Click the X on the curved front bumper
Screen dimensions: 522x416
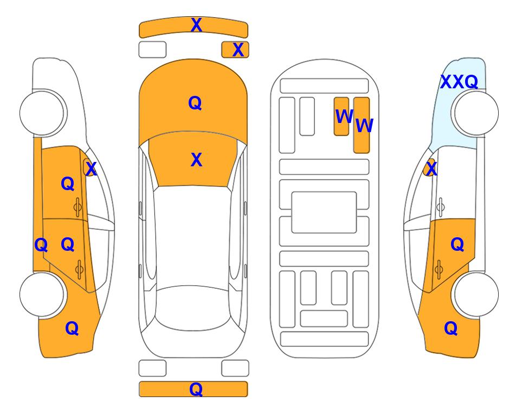point(196,25)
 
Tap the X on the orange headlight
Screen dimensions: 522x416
point(238,50)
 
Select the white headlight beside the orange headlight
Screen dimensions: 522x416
point(152,50)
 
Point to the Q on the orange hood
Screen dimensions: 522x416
point(195,103)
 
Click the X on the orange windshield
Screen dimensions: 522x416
point(196,160)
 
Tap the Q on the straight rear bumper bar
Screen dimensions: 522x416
point(196,389)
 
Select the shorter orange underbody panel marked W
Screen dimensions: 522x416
point(341,116)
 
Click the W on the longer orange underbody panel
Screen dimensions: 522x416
point(364,126)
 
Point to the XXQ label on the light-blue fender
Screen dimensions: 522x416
point(459,82)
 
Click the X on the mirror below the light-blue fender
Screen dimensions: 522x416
point(431,169)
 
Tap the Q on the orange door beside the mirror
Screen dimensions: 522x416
point(68,184)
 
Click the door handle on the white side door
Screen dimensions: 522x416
point(440,207)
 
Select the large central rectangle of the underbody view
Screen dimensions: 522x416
point(324,212)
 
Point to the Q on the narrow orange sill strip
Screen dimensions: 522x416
point(41,245)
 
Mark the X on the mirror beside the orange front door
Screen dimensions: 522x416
point(91,169)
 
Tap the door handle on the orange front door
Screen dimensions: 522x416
point(78,207)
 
